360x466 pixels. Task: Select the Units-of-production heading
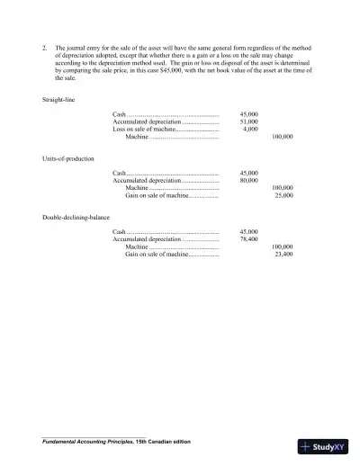(x=66, y=158)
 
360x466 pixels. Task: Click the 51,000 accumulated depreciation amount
(x=249, y=122)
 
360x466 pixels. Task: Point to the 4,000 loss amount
(x=251, y=130)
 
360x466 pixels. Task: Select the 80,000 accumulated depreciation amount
(x=249, y=180)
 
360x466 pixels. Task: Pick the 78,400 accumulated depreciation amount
(x=249, y=239)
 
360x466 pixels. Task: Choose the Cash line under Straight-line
(x=120, y=115)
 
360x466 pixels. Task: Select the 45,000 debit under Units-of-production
(x=249, y=173)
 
